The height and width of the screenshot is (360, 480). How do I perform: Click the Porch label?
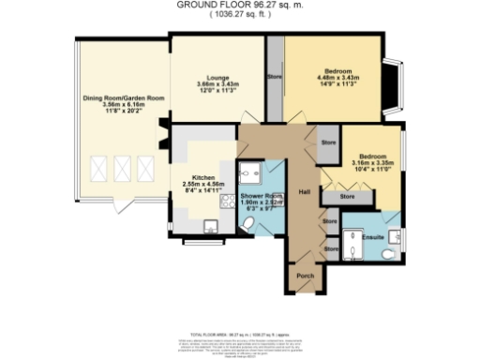[x=305, y=277]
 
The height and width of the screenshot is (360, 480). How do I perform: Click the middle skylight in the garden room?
[x=120, y=170]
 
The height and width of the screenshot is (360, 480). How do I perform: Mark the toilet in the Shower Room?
[x=246, y=223]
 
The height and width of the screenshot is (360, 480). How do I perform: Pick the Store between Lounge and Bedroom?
[x=275, y=77]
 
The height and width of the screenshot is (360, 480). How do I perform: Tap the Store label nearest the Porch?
[x=330, y=249]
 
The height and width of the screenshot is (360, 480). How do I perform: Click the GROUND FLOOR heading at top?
[x=239, y=5]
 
